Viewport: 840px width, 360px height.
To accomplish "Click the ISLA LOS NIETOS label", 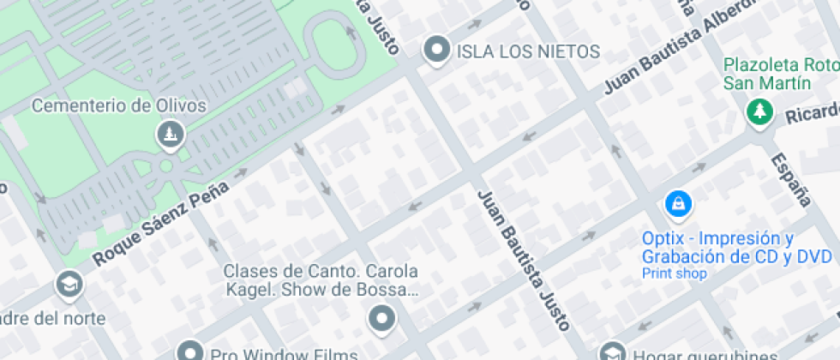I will coord(528,51).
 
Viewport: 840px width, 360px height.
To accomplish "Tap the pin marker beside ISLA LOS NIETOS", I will coord(438,50).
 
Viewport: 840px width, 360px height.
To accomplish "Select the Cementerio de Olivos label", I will coord(119,106).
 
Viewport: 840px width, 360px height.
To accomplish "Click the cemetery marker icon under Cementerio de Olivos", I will coord(169,134).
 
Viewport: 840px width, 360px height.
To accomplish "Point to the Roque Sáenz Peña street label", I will coord(159,215).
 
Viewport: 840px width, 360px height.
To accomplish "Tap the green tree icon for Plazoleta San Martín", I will coord(759,111).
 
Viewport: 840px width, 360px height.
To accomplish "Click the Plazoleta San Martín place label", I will coord(780,74).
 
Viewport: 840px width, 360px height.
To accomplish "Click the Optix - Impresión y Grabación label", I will coord(737,247).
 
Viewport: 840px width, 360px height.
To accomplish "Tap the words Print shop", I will coord(675,273).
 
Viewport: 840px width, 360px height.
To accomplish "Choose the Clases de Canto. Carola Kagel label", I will coord(321,280).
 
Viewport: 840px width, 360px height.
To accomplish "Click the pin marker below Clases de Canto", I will coord(381,320).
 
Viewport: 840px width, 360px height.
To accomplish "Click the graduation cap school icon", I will coord(68,283).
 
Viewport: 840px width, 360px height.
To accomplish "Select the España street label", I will coord(790,179).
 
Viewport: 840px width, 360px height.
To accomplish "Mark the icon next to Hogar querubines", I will coord(611,351).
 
